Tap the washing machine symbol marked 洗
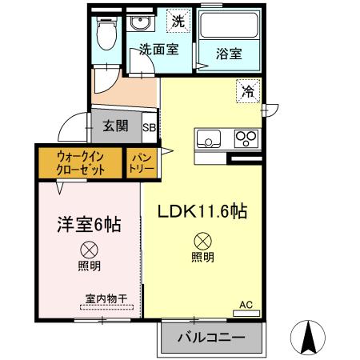(x=179, y=22)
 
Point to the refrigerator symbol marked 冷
(x=248, y=91)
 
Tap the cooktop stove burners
(x=245, y=139)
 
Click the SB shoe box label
(x=150, y=126)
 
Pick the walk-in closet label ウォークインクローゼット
(x=78, y=162)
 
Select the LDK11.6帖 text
(x=201, y=213)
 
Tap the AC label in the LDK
(x=246, y=304)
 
